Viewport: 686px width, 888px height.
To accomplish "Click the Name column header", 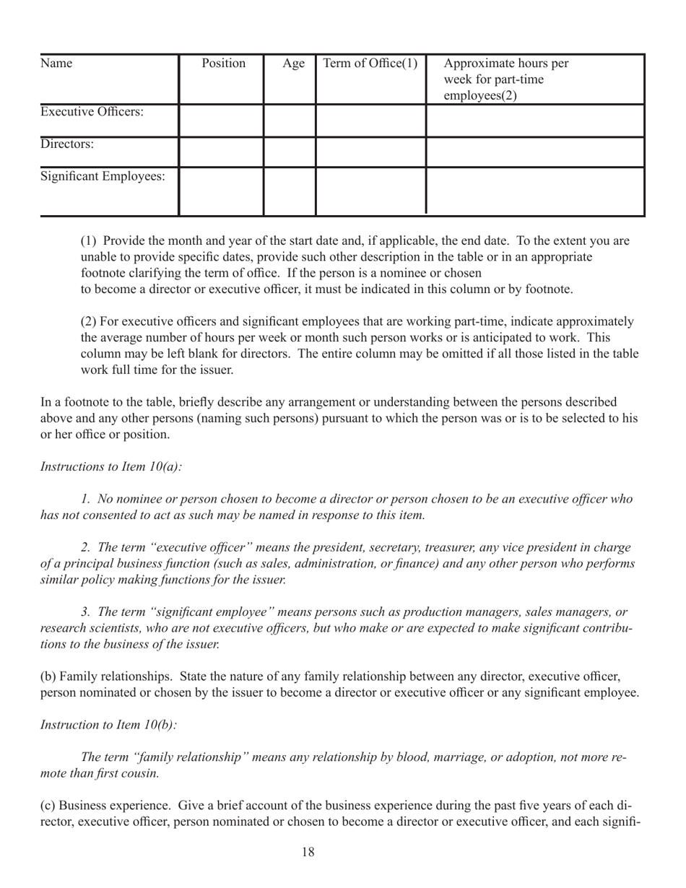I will (x=56, y=64).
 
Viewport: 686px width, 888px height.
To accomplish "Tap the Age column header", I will (x=293, y=64).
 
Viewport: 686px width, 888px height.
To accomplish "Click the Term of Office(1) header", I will (x=370, y=64).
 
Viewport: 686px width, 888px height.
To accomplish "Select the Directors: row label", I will (x=67, y=144).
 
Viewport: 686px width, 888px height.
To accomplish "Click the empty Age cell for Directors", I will (x=290, y=152).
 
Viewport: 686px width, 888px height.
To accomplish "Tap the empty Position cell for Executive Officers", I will (x=220, y=120).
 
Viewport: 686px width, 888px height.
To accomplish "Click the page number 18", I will (x=308, y=853).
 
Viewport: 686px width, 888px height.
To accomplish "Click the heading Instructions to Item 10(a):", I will (x=111, y=466).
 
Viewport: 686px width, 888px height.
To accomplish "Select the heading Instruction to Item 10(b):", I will (x=108, y=724).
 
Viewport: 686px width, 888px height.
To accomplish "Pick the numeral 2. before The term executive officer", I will (x=85, y=547).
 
